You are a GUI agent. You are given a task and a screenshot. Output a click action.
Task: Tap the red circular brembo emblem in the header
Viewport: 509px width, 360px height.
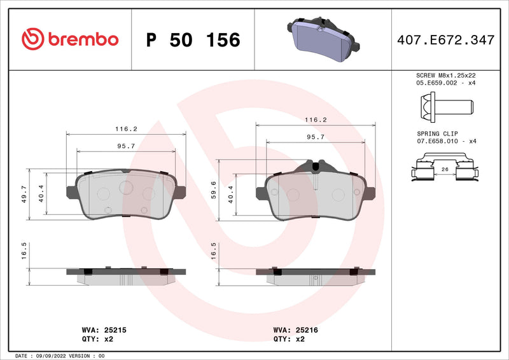tap(31, 39)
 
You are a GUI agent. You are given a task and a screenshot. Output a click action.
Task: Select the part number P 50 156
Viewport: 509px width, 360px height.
tap(193, 40)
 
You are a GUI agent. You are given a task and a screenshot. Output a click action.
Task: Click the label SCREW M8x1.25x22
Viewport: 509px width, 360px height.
tap(445, 76)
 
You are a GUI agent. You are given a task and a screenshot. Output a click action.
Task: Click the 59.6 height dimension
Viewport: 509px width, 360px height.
tap(213, 189)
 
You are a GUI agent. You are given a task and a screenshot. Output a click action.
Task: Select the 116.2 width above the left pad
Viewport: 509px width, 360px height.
tap(127, 128)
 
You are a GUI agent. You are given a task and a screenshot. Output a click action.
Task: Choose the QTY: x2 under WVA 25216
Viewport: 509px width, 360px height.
tap(289, 340)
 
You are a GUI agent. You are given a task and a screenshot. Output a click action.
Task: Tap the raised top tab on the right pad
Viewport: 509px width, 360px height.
tap(316, 165)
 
